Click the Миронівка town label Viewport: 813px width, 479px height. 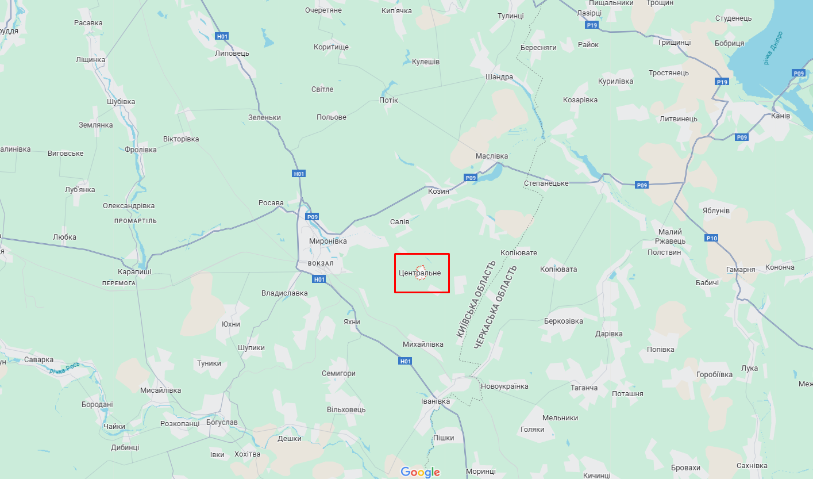[x=327, y=242]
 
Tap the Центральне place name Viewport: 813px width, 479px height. [x=420, y=273]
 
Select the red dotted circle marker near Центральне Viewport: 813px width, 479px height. [x=421, y=273]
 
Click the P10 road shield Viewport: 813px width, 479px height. [x=711, y=238]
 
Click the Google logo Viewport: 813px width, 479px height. [x=421, y=472]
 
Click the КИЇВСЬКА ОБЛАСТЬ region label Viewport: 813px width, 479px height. [x=475, y=299]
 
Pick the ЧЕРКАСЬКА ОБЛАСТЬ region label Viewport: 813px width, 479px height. [x=496, y=307]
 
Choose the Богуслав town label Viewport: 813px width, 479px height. [x=221, y=423]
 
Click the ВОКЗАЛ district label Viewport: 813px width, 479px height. [x=321, y=263]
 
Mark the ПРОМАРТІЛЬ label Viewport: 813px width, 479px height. [x=135, y=221]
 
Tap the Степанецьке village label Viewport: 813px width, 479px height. [x=546, y=183]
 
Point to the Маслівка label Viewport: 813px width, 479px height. [x=491, y=156]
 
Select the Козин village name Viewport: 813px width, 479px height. [x=438, y=191]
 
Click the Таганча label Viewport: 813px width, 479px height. [x=584, y=388]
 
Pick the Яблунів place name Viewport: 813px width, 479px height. [x=715, y=210]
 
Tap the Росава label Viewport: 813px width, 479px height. [x=271, y=203]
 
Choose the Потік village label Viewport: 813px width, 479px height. [x=388, y=101]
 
